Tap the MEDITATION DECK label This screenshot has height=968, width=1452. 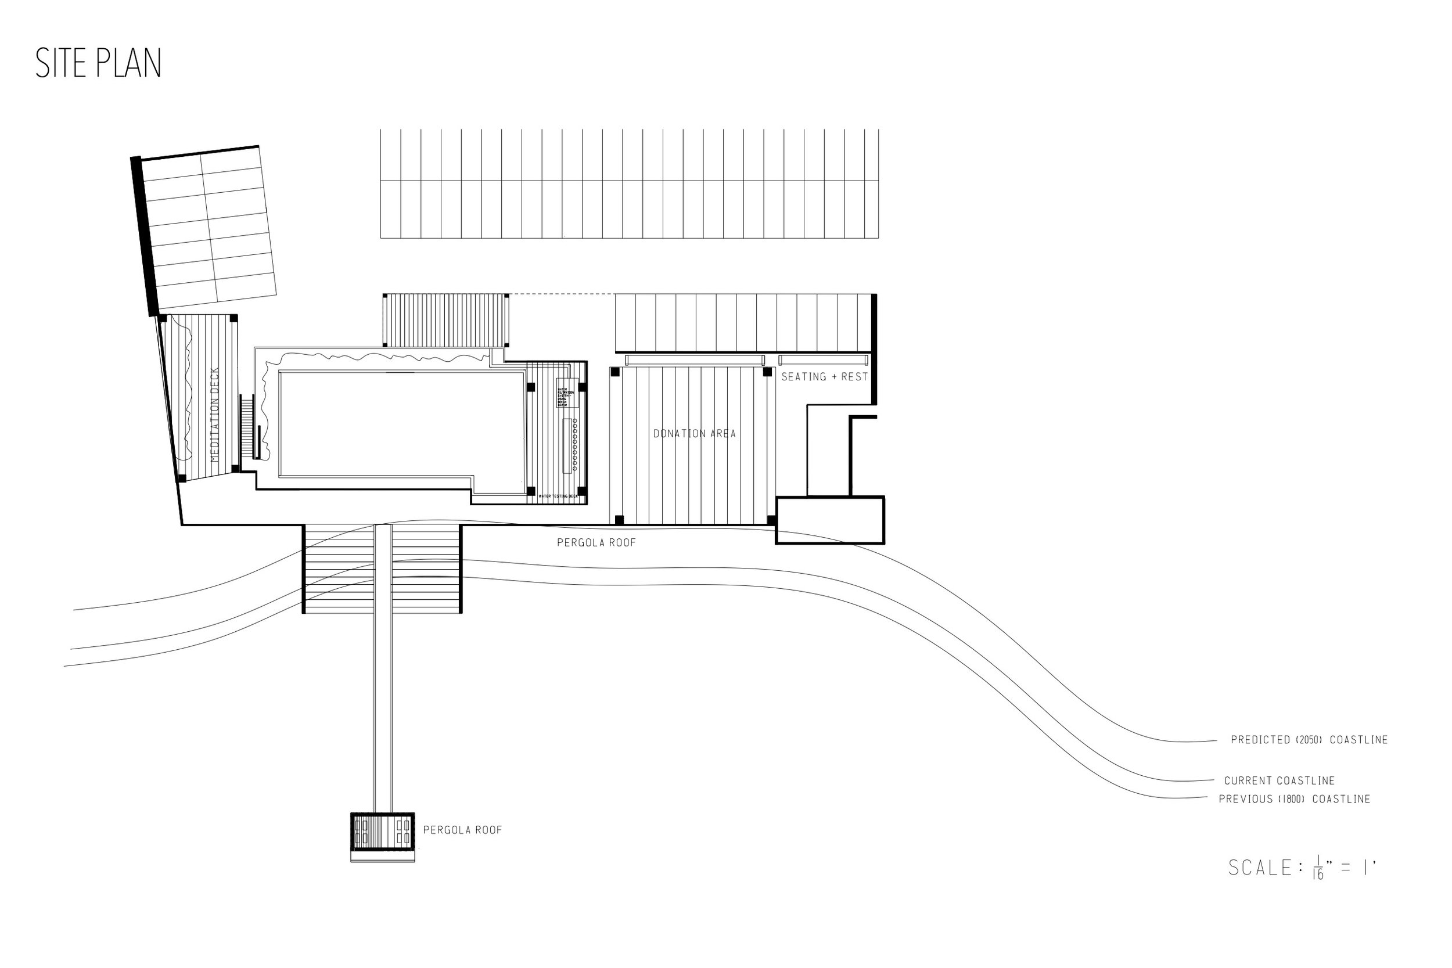point(215,415)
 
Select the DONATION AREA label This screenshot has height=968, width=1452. point(695,434)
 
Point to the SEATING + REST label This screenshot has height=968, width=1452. point(824,377)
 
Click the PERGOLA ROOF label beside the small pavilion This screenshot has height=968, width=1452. point(462,830)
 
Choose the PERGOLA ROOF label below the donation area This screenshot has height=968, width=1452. point(596,542)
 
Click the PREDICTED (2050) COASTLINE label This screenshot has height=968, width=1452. point(1309,740)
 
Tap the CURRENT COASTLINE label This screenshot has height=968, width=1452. point(1279,781)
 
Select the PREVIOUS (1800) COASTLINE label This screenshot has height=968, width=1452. point(1295,799)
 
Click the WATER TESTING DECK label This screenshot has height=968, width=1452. point(558,496)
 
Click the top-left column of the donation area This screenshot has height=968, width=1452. point(615,372)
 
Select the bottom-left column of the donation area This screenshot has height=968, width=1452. point(619,520)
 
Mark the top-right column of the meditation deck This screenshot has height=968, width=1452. point(233,319)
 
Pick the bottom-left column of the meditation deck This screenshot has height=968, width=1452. point(181,478)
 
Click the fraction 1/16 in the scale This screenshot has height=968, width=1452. point(1318,868)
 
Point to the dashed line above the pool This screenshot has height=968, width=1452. point(562,294)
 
